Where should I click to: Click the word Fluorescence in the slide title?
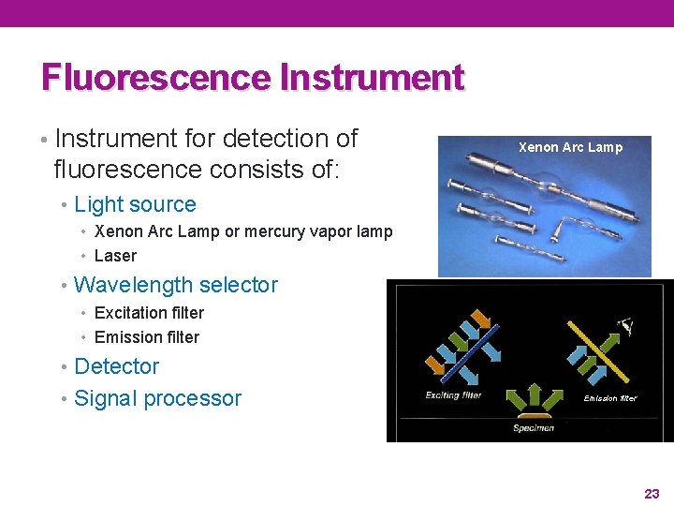click(x=155, y=77)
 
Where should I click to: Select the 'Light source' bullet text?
click(x=135, y=204)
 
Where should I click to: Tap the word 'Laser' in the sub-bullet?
click(x=115, y=256)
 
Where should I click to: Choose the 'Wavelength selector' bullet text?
click(x=175, y=285)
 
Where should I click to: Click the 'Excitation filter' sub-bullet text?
click(x=149, y=313)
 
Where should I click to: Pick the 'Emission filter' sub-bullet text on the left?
click(x=147, y=337)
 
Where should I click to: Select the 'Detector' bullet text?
click(x=116, y=366)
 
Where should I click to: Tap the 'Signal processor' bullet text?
click(x=157, y=398)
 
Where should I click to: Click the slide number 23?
click(x=652, y=493)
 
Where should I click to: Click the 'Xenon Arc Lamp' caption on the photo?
click(x=570, y=147)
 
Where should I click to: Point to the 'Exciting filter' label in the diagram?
click(x=453, y=395)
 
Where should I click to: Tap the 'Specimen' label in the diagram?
click(x=533, y=428)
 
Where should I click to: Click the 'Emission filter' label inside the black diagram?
click(x=610, y=398)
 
